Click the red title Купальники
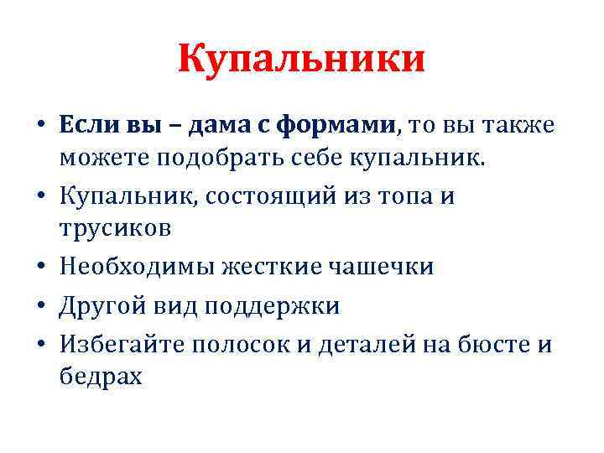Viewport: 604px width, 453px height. [x=302, y=60]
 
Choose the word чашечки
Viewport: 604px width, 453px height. [x=386, y=267]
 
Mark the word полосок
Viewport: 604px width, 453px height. [x=252, y=346]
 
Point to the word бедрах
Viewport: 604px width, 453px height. [x=102, y=377]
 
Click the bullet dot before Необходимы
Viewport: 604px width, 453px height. [x=40, y=268]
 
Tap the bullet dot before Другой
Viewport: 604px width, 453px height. [x=40, y=307]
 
